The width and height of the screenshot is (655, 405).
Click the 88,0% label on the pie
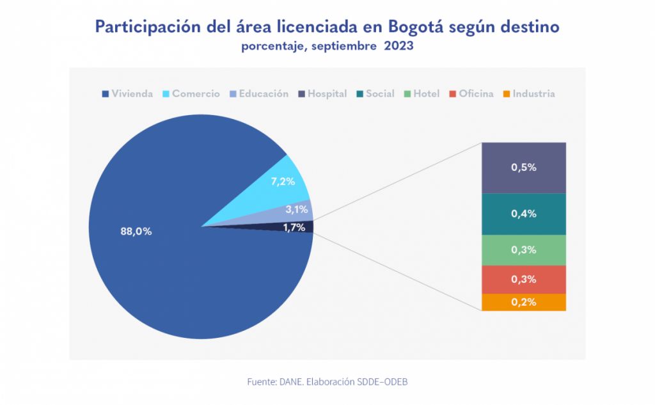[136, 232]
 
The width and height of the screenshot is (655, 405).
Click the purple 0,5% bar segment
[523, 168]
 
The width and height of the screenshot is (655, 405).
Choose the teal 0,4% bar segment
[523, 214]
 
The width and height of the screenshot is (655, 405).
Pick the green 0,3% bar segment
[523, 250]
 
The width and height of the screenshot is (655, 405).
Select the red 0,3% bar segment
[523, 280]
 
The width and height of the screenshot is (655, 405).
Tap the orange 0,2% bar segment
[523, 302]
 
